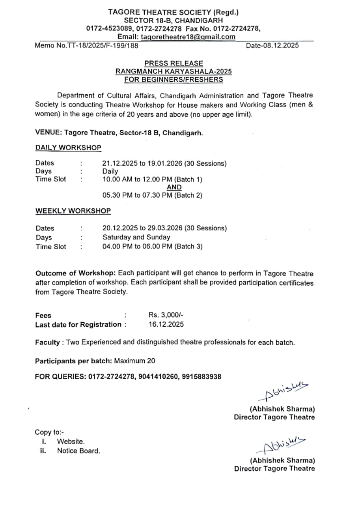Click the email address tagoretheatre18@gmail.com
click(188, 37)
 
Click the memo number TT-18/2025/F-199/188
click(86, 45)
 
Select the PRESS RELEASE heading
click(173, 63)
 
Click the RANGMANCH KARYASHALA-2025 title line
click(173, 71)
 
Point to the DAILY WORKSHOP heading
click(68, 148)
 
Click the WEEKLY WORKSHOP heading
click(73, 211)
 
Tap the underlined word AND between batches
click(174, 187)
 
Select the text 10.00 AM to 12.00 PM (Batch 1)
click(152, 180)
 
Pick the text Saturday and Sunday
click(136, 237)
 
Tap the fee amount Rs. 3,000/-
click(166, 315)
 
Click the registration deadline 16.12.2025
click(166, 324)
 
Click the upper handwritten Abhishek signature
click(282, 391)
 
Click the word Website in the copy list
click(71, 442)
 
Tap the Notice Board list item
click(78, 451)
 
